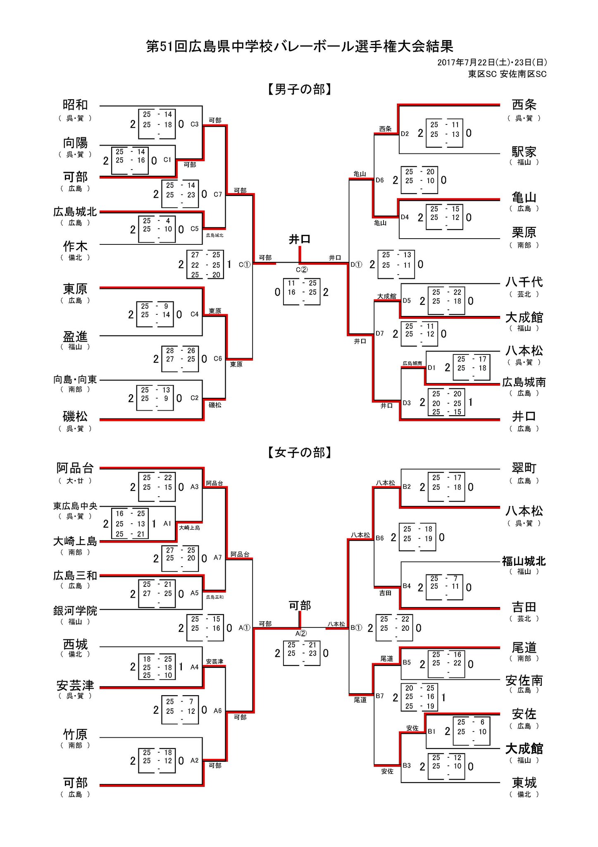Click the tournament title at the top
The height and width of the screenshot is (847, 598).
click(300, 46)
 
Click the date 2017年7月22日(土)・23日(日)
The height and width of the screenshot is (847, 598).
click(492, 62)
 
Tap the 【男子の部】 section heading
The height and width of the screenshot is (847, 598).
click(300, 89)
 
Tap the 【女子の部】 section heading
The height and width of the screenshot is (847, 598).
click(300, 452)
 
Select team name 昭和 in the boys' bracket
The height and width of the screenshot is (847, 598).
click(75, 105)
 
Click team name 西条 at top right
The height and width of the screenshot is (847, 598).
click(524, 105)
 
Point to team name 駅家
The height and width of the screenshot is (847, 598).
click(524, 151)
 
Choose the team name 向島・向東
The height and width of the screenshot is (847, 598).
click(75, 379)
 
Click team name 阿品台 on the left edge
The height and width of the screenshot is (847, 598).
click(75, 468)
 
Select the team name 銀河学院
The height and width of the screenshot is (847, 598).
click(75, 610)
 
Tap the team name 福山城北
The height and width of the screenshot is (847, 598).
click(524, 561)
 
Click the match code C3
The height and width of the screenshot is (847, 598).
click(195, 124)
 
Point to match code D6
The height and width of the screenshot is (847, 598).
click(380, 180)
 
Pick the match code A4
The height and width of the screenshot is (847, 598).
click(195, 667)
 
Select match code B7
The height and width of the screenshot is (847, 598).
click(380, 696)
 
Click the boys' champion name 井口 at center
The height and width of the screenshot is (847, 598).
click(300, 239)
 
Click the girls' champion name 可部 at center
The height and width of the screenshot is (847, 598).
click(300, 605)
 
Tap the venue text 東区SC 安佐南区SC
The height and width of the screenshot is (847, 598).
click(507, 74)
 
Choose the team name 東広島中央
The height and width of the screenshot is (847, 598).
click(75, 506)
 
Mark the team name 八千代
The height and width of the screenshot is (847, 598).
click(524, 282)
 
